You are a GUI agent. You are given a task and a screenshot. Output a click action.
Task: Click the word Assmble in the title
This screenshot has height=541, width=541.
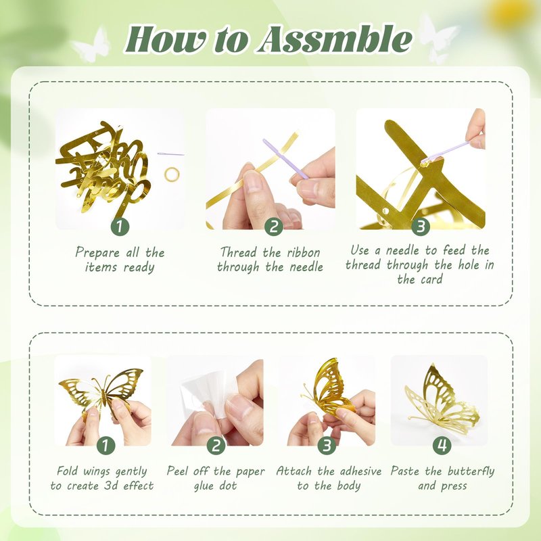pos(335,39)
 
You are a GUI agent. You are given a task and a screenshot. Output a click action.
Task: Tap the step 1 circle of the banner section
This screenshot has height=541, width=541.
pos(120,227)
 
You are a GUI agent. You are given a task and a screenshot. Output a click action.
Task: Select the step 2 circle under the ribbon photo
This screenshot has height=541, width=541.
pos(274,227)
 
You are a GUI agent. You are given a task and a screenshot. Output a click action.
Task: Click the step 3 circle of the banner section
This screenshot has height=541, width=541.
pos(421,227)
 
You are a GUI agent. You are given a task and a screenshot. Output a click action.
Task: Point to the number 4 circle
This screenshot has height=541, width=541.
pos(442,446)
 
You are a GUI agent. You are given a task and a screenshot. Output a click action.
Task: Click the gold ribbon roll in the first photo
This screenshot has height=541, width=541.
pos(172,174)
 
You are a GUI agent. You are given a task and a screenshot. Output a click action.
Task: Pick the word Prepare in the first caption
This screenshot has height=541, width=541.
pos(97,253)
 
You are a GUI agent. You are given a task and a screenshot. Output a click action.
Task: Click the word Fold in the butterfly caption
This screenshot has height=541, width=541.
pos(68,471)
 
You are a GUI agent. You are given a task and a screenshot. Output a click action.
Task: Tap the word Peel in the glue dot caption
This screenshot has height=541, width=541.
pos(178,471)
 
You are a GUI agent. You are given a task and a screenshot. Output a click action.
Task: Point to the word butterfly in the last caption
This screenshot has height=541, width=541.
pos(471,471)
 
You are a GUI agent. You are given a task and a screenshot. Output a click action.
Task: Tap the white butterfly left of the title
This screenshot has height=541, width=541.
pos(91,45)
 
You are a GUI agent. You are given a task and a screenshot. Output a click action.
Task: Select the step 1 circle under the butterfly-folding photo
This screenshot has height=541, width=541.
pos(105,446)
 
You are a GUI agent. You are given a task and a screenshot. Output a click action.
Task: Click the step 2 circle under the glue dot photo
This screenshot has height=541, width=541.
pos(216,446)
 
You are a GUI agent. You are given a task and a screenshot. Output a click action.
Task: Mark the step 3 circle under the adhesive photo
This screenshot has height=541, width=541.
pos(327,446)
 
